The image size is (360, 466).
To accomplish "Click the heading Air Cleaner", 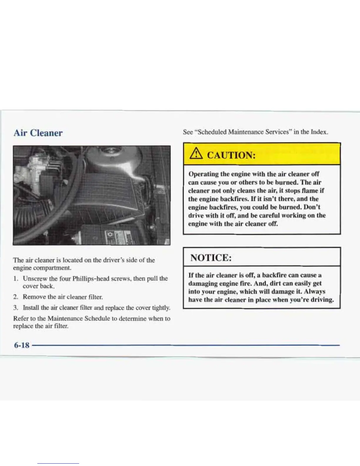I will tap(38, 133).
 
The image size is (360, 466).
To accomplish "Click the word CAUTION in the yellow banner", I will tap(231, 155).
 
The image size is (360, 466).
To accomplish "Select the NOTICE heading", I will tap(211, 258).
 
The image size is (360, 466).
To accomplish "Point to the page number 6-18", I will tap(22, 345).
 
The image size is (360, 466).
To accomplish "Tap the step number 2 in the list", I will tap(16, 297).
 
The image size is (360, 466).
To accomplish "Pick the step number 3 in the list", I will tap(16, 308).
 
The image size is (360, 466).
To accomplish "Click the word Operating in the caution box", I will tap(203, 174).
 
